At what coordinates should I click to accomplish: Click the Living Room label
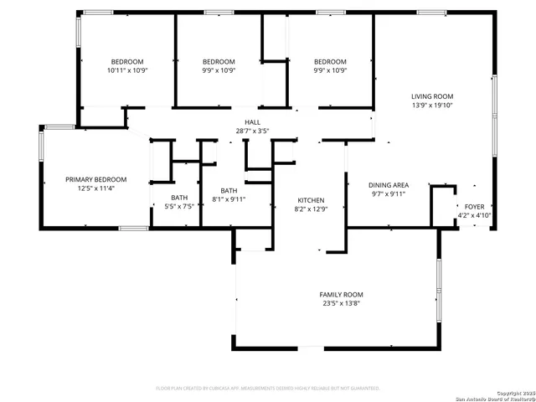pos(431,96)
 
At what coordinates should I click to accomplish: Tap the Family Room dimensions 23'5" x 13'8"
pos(341,304)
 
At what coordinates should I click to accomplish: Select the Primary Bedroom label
pos(96,179)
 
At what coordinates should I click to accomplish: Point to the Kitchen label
pos(311,200)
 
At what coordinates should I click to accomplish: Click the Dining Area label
pos(389,184)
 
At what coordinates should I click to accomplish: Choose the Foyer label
pos(474,206)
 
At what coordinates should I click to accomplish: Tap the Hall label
pos(252,122)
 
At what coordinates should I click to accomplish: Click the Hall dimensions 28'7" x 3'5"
pos(252,131)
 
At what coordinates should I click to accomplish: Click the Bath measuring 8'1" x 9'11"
pos(229,196)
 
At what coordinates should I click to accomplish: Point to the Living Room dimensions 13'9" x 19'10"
pos(431,106)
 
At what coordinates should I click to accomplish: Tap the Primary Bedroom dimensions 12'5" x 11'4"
pos(96,188)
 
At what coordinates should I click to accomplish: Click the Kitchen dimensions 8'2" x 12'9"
pos(311,209)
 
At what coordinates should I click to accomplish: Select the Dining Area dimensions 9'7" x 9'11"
pos(389,193)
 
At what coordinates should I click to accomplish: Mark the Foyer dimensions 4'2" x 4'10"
pos(474,215)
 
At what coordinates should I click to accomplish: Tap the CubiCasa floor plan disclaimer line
pos(268,388)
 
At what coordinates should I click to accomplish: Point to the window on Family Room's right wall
pos(438,290)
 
